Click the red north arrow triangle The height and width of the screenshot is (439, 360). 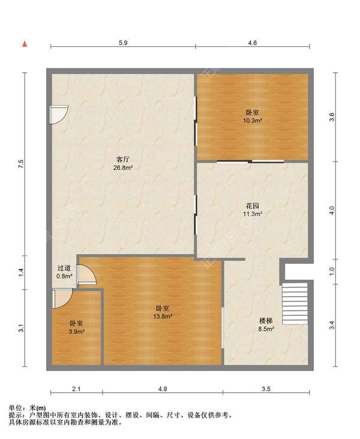pos(25,44)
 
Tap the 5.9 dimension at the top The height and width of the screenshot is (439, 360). pos(123,43)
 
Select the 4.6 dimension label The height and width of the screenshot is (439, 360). pos(253,43)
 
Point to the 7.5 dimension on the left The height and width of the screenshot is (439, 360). pos(22,164)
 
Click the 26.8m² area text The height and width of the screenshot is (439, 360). pos(123,168)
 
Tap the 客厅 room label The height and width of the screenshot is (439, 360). pos(123,160)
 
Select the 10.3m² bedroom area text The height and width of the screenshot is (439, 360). pos(253,121)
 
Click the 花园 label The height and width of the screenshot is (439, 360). pos(253,206)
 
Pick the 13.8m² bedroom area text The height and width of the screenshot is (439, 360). pos(163,316)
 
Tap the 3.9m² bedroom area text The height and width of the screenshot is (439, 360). pos(77,332)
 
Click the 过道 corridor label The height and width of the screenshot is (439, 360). pos(64,268)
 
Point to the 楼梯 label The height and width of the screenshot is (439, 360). pos(266,321)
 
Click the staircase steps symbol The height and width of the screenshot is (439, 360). pos(295,303)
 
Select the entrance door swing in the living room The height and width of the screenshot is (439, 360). pos(59,115)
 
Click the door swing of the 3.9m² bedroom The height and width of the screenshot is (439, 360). pos(62,298)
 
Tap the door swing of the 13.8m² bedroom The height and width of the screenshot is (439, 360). pos(87,275)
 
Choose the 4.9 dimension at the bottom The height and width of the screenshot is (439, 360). pos(163,389)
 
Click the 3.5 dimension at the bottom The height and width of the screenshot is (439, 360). pos(266,389)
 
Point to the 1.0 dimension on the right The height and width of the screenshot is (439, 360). pos(332,271)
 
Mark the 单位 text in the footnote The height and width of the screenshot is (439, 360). pos(16,408)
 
